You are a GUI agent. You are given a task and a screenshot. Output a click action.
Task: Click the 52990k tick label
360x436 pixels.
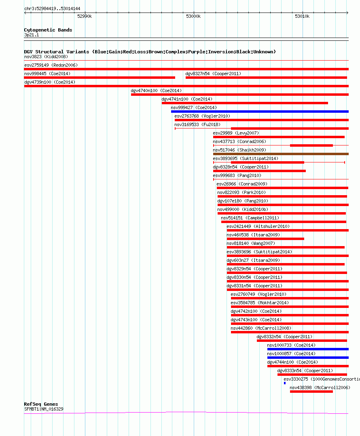tap(85, 17)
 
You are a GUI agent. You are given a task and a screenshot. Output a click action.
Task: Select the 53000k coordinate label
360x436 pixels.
tap(193, 17)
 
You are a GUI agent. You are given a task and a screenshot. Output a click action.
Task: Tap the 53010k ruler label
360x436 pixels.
tap(302, 17)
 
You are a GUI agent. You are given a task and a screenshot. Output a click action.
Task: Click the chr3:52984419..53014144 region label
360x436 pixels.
tap(52, 8)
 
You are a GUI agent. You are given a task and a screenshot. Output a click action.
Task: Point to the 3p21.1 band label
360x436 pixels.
tap(32, 35)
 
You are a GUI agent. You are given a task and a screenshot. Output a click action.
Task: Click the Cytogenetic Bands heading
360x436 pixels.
tap(48, 30)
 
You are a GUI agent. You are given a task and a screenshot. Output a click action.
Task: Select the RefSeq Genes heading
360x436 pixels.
tap(41, 404)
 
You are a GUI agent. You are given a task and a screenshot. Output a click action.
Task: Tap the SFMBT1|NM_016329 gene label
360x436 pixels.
tap(44, 409)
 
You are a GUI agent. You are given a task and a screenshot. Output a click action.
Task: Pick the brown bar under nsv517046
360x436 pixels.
tap(281, 154)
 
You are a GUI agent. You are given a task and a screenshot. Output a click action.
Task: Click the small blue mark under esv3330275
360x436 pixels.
tap(285, 383)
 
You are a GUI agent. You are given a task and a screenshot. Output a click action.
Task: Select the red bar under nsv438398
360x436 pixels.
tap(311, 392)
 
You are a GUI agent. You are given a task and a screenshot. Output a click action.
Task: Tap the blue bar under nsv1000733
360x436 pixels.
tap(308, 349)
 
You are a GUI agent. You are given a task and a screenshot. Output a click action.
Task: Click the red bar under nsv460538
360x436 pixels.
tap(265, 239)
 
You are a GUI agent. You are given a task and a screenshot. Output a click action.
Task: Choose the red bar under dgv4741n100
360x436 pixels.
tap(245, 103)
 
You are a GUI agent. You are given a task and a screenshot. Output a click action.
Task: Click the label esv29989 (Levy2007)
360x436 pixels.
tap(236, 133)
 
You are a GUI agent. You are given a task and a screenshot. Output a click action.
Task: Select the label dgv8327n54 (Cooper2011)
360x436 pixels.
tap(213, 74)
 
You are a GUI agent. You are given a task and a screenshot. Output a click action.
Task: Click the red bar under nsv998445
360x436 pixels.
tap(100, 78)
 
